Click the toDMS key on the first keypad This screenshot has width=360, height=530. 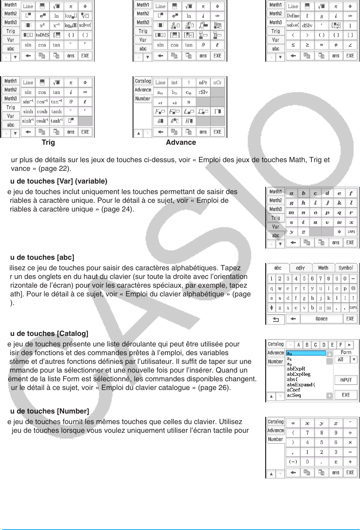[42, 35]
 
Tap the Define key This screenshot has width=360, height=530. [293, 16]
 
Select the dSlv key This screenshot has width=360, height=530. [307, 25]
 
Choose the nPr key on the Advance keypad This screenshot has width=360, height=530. [203, 83]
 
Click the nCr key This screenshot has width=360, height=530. [217, 83]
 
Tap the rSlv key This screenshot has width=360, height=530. [203, 92]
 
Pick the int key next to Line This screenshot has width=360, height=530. [174, 83]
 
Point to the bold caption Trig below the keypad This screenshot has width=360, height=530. [48, 143]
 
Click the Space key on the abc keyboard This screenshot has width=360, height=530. [321, 319]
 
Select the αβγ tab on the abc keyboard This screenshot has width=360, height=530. [301, 268]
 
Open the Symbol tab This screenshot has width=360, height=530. [345, 268]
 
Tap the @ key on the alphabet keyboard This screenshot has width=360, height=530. [353, 288]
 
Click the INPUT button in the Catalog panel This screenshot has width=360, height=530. [346, 380]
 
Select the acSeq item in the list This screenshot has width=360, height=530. [294, 395]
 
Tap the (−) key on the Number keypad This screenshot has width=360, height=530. [293, 462]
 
